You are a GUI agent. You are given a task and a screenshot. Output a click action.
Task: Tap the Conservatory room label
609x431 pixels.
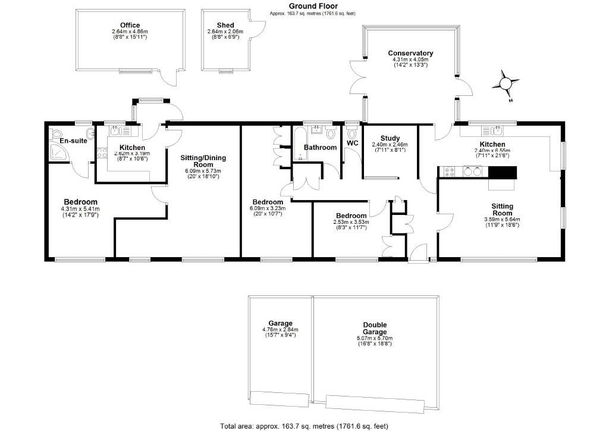click(x=410, y=53)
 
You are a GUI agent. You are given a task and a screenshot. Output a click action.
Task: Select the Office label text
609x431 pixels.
click(x=129, y=25)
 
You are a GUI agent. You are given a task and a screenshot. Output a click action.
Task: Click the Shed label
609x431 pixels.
click(x=225, y=25)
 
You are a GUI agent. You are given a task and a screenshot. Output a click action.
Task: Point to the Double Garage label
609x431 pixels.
click(x=375, y=328)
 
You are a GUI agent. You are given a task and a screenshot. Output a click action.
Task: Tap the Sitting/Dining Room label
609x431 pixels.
click(x=203, y=161)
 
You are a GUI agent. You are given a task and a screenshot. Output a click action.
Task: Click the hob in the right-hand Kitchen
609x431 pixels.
click(x=450, y=172)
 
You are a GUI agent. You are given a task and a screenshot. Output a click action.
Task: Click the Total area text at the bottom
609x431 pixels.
click(x=304, y=426)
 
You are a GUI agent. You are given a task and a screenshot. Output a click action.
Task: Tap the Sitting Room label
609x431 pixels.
click(x=502, y=209)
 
